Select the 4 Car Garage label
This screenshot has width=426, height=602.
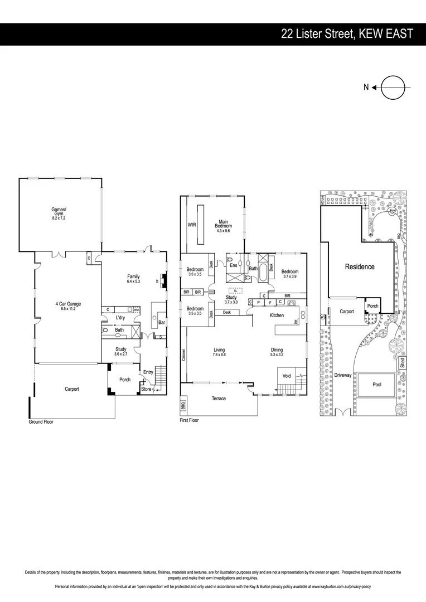tap(68, 304)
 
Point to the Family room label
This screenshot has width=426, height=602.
tap(133, 277)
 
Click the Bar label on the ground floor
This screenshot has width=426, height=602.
tap(162, 323)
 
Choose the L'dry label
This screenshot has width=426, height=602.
tap(120, 318)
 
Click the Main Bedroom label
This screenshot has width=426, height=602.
tap(224, 224)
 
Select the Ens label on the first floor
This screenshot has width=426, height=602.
tap(234, 265)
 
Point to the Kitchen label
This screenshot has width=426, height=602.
tap(277, 315)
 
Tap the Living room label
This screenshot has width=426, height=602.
tap(219, 350)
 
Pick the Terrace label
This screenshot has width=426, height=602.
tap(219, 399)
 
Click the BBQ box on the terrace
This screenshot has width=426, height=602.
tap(183, 406)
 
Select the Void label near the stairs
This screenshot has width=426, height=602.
tap(287, 376)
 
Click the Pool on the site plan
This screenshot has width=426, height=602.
tap(377, 385)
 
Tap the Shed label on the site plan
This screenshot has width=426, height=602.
tap(403, 363)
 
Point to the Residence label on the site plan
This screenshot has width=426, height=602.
tap(360, 266)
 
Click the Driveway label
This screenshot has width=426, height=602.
tap(343, 375)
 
